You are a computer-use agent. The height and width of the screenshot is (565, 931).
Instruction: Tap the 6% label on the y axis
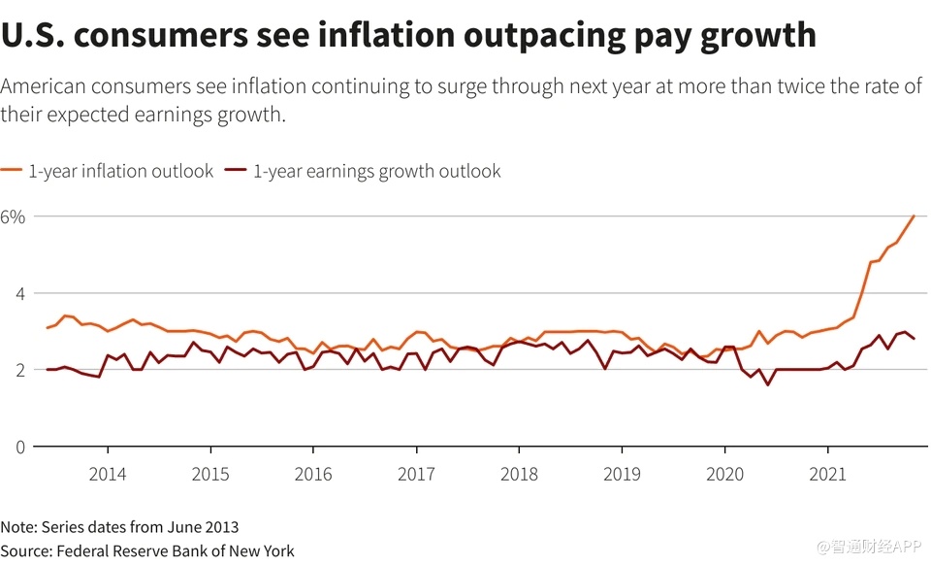[x=13, y=216]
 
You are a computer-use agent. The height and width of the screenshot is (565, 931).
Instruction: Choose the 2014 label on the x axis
[x=107, y=475]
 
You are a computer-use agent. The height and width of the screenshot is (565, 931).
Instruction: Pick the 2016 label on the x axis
[x=312, y=475]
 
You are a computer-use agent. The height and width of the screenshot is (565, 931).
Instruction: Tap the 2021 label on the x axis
[x=827, y=475]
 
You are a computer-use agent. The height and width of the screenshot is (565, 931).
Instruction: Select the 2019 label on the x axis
[x=622, y=475]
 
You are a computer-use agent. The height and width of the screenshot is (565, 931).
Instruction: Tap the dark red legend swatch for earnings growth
[x=236, y=171]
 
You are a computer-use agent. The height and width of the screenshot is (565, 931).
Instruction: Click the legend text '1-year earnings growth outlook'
[x=377, y=172]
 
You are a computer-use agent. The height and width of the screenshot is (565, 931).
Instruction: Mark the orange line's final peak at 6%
[x=914, y=216]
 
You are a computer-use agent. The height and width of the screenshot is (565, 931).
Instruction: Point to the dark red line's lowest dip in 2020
[x=768, y=384]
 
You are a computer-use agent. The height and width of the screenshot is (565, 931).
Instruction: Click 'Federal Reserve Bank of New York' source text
[x=177, y=550]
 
